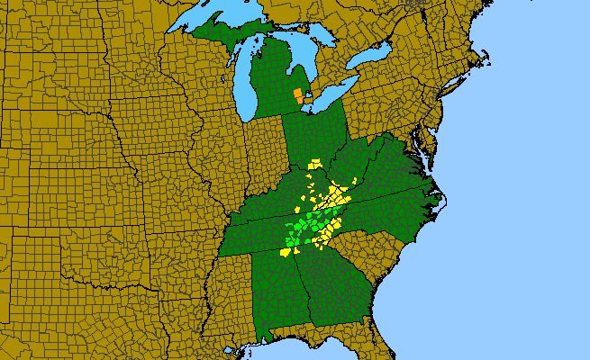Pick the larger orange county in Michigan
(298, 93)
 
